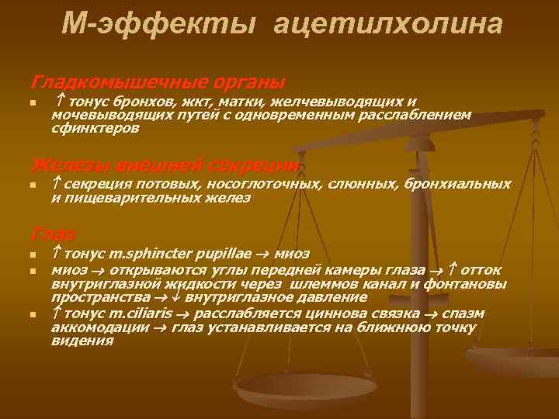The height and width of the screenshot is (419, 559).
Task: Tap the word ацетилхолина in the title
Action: (x=387, y=25)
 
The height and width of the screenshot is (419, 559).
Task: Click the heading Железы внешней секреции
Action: (x=165, y=164)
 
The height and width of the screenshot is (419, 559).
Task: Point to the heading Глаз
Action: (x=53, y=234)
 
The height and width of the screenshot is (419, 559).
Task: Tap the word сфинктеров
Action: (x=95, y=129)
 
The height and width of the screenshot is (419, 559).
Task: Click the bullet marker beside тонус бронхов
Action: (x=33, y=103)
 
